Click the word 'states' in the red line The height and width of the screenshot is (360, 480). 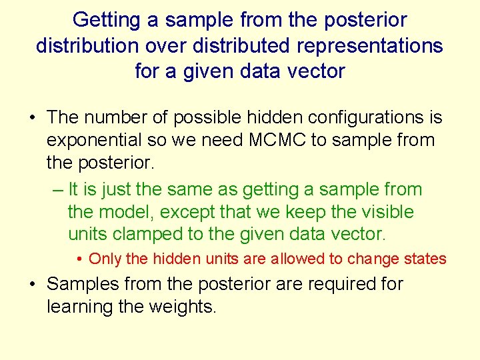click(x=424, y=259)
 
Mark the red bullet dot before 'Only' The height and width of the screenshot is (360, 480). click(x=79, y=259)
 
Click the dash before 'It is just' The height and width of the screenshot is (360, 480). click(x=57, y=190)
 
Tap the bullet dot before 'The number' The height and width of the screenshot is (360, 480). click(x=33, y=118)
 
